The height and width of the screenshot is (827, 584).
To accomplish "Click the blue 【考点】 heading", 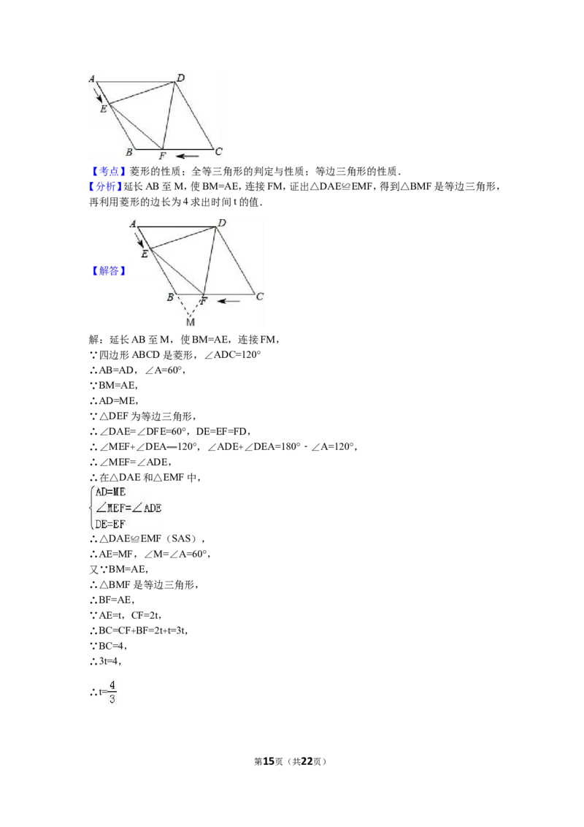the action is point(107,172).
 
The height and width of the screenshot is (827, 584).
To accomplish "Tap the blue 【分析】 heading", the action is point(105,186).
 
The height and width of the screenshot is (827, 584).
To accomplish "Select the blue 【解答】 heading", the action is point(109,270).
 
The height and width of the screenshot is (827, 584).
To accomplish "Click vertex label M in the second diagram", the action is point(191,321).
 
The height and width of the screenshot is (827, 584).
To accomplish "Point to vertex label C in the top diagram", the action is point(219,151).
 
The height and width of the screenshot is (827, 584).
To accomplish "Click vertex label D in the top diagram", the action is point(181,78).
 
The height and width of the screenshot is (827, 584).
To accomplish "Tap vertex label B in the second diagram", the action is point(170,297).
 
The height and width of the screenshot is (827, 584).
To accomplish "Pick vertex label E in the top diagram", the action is point(104,109).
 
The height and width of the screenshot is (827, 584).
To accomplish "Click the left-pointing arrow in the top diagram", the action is point(187,156).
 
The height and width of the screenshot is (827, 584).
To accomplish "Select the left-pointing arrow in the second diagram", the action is point(228,301).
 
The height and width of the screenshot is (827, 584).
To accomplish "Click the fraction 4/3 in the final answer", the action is point(112,692).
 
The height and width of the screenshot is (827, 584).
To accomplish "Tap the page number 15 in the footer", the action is point(269,761).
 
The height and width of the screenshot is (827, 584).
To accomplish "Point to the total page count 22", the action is point(307,761).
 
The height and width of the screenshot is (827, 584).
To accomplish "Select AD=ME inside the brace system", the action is point(110,492).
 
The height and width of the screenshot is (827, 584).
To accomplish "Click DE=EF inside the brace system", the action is point(110,525).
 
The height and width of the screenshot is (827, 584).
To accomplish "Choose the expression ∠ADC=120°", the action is point(232,354).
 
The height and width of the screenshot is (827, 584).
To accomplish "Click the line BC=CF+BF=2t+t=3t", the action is point(139,630).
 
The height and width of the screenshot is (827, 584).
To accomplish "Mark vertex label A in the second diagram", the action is point(133,224).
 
